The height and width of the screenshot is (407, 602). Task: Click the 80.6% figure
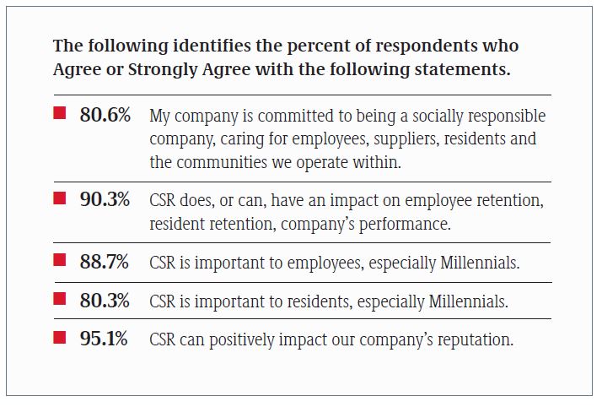point(105,116)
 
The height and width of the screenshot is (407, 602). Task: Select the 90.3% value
point(105,201)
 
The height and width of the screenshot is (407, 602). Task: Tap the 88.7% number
point(105,262)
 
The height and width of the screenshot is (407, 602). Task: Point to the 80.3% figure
point(105,300)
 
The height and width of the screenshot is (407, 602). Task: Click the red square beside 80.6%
point(60,113)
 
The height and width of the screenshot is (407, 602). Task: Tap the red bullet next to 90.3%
point(60,198)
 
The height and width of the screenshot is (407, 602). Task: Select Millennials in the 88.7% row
point(475,263)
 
